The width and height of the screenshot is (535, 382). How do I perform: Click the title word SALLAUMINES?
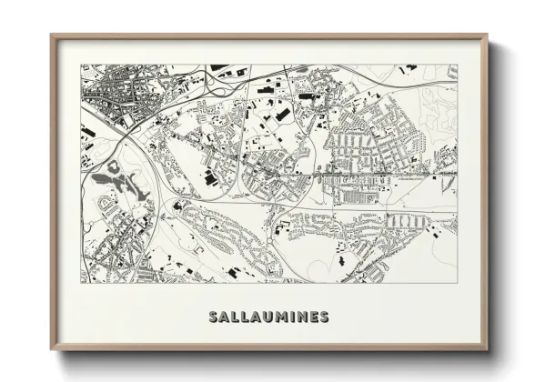pyautogui.click(x=268, y=317)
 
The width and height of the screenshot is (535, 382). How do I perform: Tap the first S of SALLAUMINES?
pyautogui.click(x=213, y=317)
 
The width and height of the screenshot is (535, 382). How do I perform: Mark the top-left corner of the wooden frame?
pyautogui.click(x=51, y=35)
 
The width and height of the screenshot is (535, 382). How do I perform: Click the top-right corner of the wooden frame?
pyautogui.click(x=488, y=35)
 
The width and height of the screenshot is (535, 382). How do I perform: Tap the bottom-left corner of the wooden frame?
pyautogui.click(x=51, y=350)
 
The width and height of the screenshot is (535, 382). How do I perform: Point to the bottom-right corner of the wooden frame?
pyautogui.click(x=488, y=350)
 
